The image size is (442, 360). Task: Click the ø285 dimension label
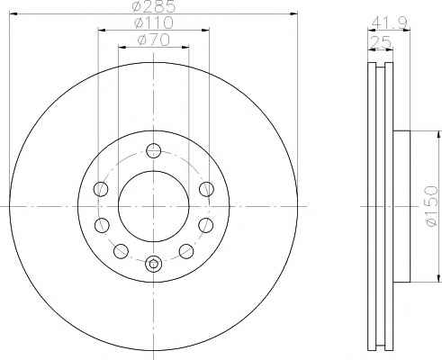coord(154,6)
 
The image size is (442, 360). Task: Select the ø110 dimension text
coord(154,22)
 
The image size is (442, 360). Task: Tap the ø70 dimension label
coord(154,40)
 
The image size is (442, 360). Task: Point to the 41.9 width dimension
coord(389,22)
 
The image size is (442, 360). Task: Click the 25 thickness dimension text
coord(381,41)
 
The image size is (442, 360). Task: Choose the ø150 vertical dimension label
coord(432,206)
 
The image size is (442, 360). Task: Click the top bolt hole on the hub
coord(154,150)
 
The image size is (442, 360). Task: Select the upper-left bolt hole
coord(101,189)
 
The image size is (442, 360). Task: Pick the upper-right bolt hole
coord(207,189)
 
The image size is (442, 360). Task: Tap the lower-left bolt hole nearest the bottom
coord(121,251)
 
